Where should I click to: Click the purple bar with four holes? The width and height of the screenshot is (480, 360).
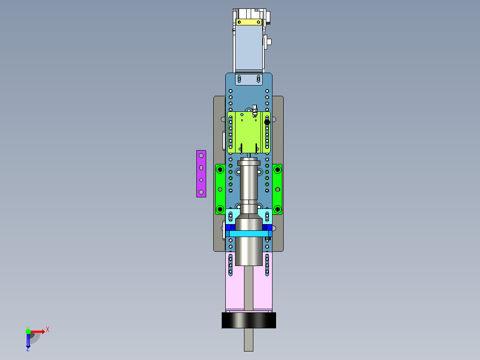201,174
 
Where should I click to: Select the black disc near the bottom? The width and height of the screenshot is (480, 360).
248,320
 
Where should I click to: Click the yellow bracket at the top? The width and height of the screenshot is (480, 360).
248,22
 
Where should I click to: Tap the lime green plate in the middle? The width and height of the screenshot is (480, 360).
248,132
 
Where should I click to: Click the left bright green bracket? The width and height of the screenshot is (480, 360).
220,189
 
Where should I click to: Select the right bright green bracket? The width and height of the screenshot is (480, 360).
277,189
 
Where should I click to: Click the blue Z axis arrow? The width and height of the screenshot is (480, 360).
28,340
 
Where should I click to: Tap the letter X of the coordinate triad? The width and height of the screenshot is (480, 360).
48,330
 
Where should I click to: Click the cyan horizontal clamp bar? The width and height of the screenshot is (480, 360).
248,234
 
